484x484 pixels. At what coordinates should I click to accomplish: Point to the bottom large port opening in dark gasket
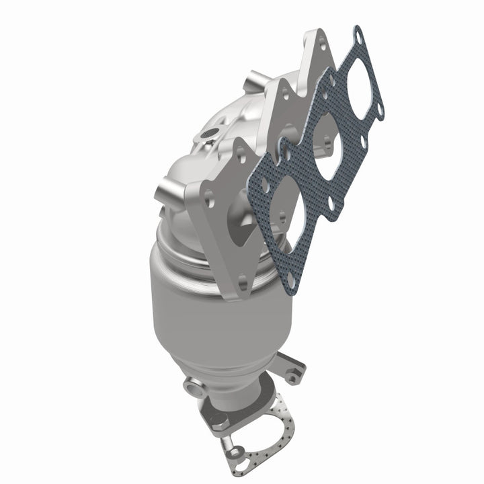tap(277, 210)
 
